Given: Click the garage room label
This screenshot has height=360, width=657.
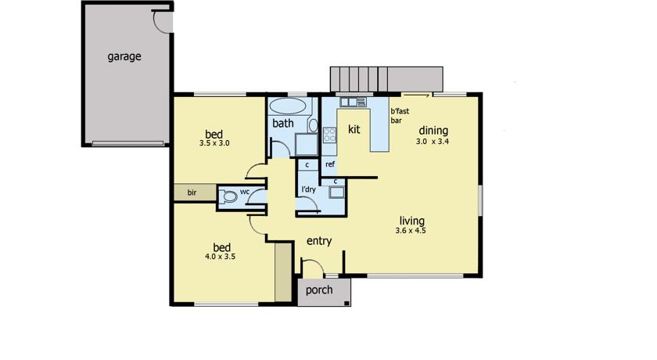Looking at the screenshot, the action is [x=124, y=56].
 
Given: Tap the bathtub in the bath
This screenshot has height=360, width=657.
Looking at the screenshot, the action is [x=287, y=106].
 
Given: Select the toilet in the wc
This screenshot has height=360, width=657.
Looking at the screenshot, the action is [x=228, y=196].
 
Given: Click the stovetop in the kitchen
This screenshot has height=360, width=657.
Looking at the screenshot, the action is [x=330, y=135].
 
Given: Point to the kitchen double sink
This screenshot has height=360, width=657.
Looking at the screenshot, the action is [x=354, y=102].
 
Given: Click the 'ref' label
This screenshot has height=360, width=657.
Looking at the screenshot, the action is [x=330, y=164].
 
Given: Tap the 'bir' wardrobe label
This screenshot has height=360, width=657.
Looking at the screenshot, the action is [x=192, y=193].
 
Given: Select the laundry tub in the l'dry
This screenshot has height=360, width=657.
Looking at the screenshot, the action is [x=336, y=193].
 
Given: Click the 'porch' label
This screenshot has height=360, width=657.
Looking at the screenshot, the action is [x=319, y=290].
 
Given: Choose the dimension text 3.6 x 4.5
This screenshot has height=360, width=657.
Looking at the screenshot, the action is [x=411, y=231].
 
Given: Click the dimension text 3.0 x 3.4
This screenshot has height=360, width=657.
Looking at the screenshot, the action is [x=433, y=142].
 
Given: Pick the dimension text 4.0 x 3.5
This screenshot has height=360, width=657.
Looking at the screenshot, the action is [x=221, y=257].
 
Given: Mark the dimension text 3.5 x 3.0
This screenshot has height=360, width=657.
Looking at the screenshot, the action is [x=214, y=143].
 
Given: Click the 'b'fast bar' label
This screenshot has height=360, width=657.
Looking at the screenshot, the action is [x=400, y=116].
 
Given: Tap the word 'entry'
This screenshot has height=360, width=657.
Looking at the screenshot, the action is [x=319, y=241].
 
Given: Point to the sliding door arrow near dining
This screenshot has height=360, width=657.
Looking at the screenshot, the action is [x=418, y=95].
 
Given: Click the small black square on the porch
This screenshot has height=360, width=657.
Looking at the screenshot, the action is [x=346, y=303].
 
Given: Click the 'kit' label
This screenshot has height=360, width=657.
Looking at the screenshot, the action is [x=354, y=129].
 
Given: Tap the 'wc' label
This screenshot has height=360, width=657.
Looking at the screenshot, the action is [x=245, y=192].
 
